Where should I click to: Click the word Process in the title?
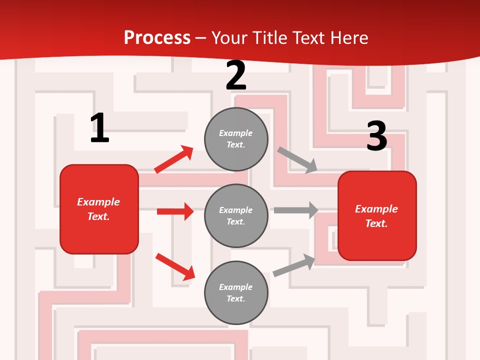click(157, 38)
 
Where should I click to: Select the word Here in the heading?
click(348, 38)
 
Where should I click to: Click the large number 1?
click(99, 128)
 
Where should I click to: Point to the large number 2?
click(236, 75)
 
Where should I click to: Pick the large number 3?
click(376, 136)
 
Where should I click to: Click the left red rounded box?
click(99, 209)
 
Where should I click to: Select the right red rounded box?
click(377, 216)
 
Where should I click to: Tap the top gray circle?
click(236, 139)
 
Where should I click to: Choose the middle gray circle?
click(236, 216)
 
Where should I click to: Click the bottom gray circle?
click(236, 293)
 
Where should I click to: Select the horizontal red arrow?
click(175, 211)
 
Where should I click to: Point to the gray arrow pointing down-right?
click(297, 160)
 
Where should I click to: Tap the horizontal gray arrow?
click(296, 210)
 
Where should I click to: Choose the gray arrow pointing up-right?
click(294, 265)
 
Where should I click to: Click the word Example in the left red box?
click(98, 202)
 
